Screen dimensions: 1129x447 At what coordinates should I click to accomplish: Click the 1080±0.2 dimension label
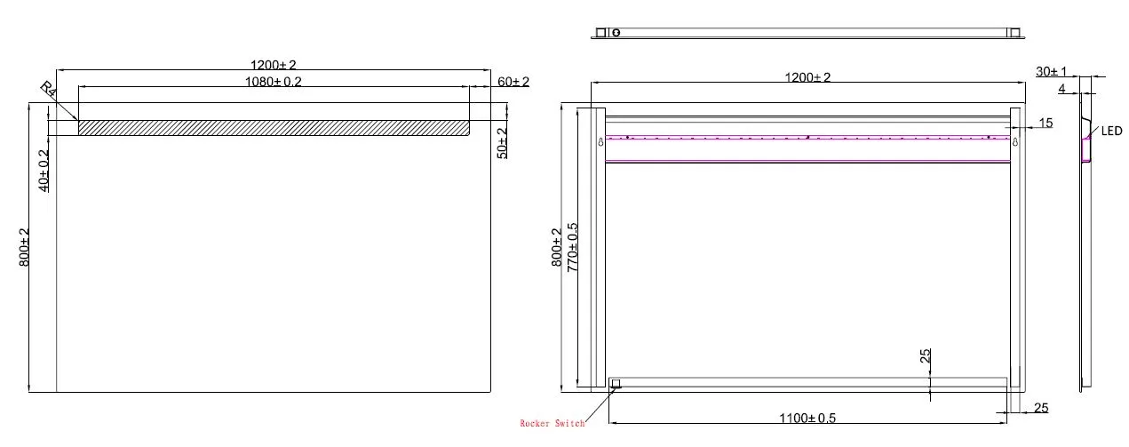[274, 82]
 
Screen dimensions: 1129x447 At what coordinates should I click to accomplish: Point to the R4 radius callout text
[48, 89]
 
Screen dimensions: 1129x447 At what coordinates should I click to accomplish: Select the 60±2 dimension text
[513, 82]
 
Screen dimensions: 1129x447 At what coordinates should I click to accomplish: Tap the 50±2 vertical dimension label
[503, 143]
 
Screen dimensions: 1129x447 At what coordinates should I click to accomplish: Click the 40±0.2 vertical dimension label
[44, 171]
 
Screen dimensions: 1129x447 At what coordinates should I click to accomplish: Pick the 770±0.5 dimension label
[573, 248]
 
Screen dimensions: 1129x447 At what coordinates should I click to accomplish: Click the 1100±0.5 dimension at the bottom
[807, 419]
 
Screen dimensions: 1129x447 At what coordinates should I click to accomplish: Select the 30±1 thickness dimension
[1052, 72]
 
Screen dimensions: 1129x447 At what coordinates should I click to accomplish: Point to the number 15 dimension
[1046, 123]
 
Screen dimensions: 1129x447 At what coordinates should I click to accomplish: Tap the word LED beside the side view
[1112, 132]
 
